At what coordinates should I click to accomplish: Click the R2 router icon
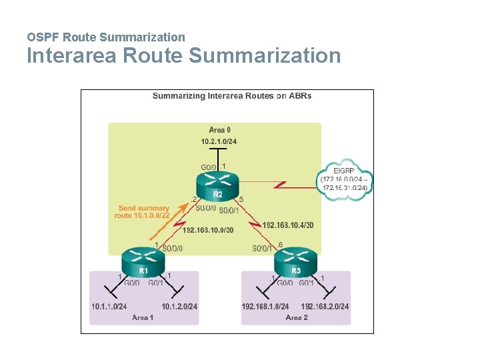click(x=217, y=184)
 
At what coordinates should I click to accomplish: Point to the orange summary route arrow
click(x=166, y=227)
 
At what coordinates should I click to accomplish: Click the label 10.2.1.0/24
click(x=219, y=141)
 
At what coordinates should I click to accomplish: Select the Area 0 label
click(x=220, y=130)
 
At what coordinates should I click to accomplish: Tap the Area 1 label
click(x=143, y=317)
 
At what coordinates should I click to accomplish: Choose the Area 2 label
click(x=297, y=317)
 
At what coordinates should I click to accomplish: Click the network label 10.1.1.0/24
click(x=109, y=307)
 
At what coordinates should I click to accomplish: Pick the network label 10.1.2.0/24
click(x=179, y=307)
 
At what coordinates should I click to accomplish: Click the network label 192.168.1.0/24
click(x=265, y=307)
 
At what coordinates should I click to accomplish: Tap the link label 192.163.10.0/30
click(x=208, y=230)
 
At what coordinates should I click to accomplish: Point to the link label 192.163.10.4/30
click(x=288, y=225)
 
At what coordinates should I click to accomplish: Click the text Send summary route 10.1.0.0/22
click(x=142, y=212)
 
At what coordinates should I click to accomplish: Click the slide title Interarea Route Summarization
click(x=183, y=55)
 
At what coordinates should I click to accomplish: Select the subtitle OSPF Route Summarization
click(x=106, y=37)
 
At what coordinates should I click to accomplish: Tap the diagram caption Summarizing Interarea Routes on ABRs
click(x=232, y=96)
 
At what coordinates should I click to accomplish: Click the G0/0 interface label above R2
click(x=209, y=167)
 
